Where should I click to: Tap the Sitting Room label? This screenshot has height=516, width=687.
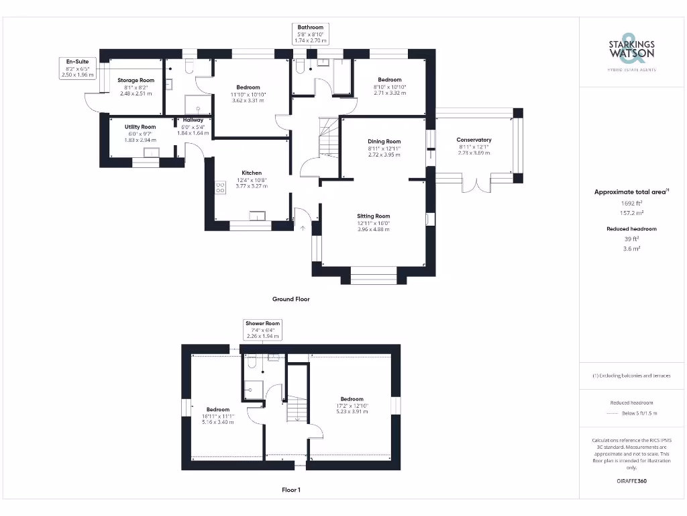pyautogui.click(x=373, y=216)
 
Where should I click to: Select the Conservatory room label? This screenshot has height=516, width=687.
pyautogui.click(x=474, y=140)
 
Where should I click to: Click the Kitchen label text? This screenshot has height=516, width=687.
pyautogui.click(x=252, y=173)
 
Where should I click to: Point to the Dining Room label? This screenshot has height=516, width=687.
pyautogui.click(x=384, y=142)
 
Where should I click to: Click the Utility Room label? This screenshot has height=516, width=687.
pyautogui.click(x=140, y=127)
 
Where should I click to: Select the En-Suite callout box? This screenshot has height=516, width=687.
pyautogui.click(x=77, y=68)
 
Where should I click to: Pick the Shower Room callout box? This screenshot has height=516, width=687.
pyautogui.click(x=262, y=329)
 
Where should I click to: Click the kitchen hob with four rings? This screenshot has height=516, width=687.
pyautogui.click(x=220, y=187)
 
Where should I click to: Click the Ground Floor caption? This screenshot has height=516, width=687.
pyautogui.click(x=290, y=299)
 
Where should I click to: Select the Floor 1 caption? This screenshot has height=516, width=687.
pyautogui.click(x=291, y=490)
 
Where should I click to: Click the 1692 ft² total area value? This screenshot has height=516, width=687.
pyautogui.click(x=631, y=202)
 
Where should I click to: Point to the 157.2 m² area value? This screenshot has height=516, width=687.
pyautogui.click(x=631, y=212)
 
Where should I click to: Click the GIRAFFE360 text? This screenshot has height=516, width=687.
pyautogui.click(x=631, y=481)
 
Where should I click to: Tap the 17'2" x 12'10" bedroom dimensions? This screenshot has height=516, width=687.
pyautogui.click(x=352, y=406)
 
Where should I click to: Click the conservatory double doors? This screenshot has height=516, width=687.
pyautogui.click(x=476, y=184)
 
